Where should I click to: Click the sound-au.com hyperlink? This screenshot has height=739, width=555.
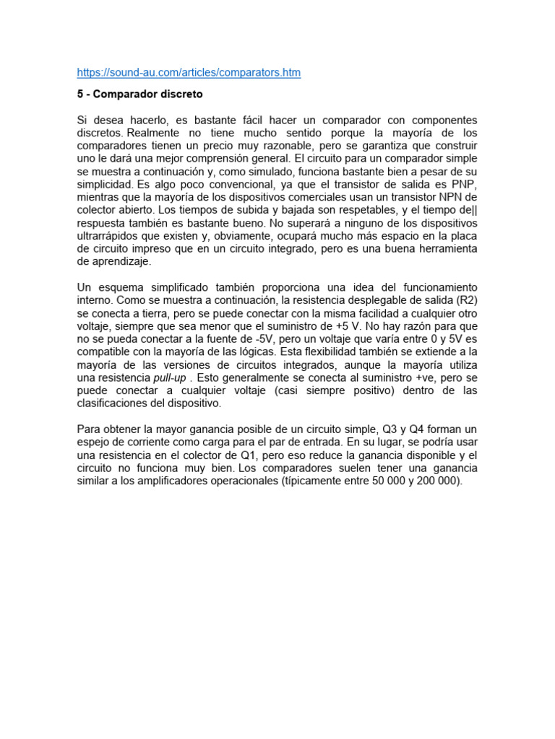(189, 72)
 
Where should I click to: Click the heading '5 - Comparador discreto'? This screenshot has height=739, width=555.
(139, 95)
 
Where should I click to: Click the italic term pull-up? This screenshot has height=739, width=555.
(171, 378)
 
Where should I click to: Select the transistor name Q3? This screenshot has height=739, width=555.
(391, 430)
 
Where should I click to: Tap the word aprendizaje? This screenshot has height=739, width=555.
(111, 262)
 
